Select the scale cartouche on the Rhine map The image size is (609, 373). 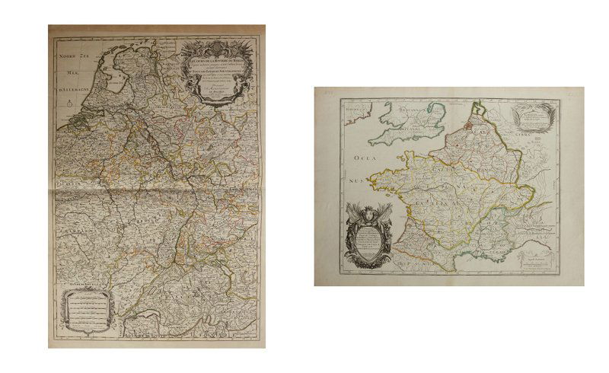click(86, 308)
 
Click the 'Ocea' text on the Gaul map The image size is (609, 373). click(362, 158)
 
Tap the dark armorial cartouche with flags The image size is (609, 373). click(368, 234)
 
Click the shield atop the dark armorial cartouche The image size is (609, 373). click(368, 214)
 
